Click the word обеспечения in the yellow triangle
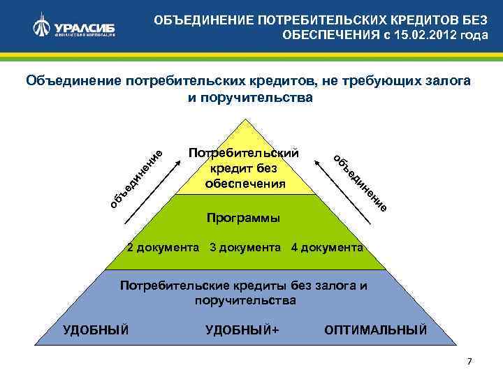click(x=245, y=184)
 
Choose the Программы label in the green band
click(x=244, y=218)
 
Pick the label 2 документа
click(x=163, y=248)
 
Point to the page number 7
click(x=469, y=361)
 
